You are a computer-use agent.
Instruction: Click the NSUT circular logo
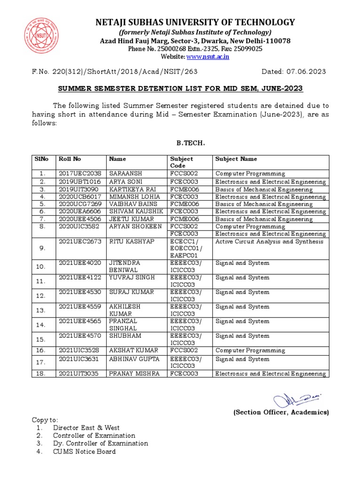pyautogui.click(x=42, y=35)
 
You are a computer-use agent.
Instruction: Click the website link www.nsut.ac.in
pyautogui.click(x=208, y=56)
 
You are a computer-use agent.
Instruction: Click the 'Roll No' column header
pyautogui.click(x=70, y=159)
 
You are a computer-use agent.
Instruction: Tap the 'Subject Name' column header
pyautogui.click(x=236, y=159)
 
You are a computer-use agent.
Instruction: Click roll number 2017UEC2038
pyautogui.click(x=80, y=174)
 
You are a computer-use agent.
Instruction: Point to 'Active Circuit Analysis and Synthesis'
pyautogui.click(x=269, y=241)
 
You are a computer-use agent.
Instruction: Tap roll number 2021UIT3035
pyautogui.click(x=80, y=374)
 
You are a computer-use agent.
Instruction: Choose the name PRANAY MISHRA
pyautogui.click(x=134, y=374)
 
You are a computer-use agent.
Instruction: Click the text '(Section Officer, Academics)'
pyautogui.click(x=281, y=412)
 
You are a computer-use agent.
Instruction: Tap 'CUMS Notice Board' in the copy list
pyautogui.click(x=84, y=451)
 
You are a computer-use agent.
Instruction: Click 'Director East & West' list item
pyautogui.click(x=86, y=427)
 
